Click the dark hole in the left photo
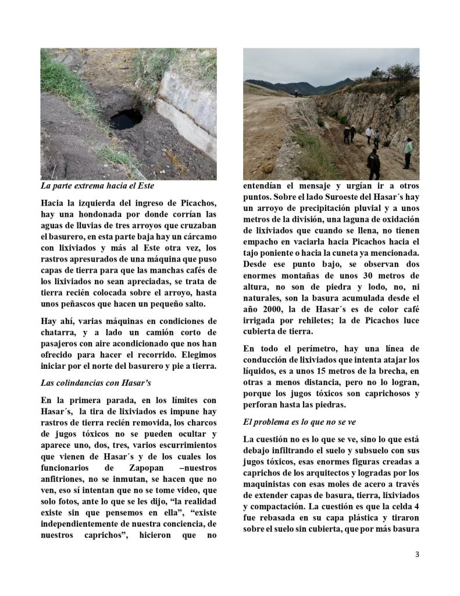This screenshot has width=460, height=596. pyautogui.click(x=126, y=119)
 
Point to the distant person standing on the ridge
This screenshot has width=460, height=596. pyautogui.click(x=296, y=92)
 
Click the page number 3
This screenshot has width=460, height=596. pyautogui.click(x=416, y=554)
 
